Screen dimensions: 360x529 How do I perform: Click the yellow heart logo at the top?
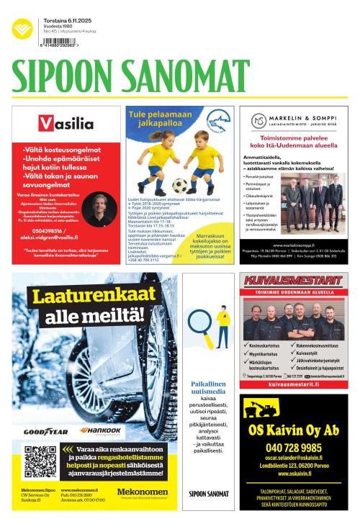tap(22, 29)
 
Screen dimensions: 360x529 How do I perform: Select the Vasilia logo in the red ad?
tap(66, 123)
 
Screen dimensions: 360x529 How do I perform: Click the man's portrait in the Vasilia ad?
tap(100, 208)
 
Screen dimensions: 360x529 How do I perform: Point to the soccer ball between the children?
tap(179, 185)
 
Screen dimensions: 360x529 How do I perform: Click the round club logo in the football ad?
tap(215, 120)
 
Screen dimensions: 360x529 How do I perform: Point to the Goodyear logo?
tap(45, 431)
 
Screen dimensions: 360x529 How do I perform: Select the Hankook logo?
tap(101, 430)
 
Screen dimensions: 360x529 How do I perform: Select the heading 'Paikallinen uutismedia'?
tap(208, 388)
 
